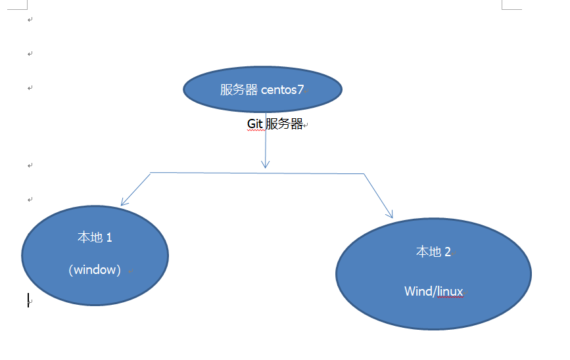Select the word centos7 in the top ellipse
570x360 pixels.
(x=282, y=90)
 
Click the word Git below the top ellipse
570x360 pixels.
(x=254, y=124)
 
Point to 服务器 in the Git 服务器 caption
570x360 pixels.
(x=284, y=124)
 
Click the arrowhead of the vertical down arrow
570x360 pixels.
(x=266, y=164)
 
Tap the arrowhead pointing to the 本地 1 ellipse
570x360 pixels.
(x=124, y=203)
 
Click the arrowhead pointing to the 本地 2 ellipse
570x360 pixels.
(x=390, y=214)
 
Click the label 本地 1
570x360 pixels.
(x=95, y=237)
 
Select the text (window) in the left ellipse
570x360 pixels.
(x=95, y=269)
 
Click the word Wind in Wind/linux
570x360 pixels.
(x=418, y=292)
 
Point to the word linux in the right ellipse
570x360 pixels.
(x=450, y=292)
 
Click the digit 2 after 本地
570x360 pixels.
(x=448, y=252)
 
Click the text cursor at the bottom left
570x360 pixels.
(x=28, y=300)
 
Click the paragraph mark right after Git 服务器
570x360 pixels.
(x=306, y=125)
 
